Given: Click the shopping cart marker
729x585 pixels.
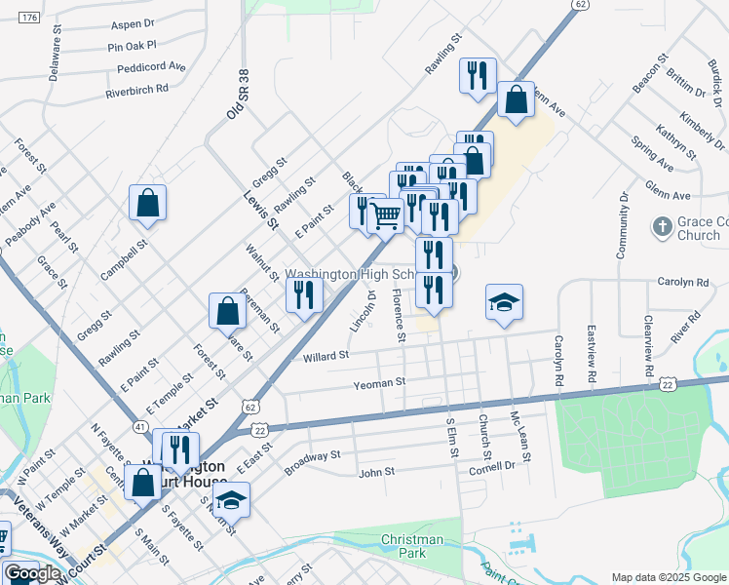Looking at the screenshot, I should [x=387, y=214].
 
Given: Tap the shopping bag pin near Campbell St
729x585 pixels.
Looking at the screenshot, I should [x=148, y=203].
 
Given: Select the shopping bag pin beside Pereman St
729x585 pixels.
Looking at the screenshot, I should [x=227, y=311].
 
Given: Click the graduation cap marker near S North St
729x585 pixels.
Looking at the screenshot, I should [x=232, y=500].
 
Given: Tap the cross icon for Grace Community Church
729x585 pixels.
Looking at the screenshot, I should [x=662, y=227].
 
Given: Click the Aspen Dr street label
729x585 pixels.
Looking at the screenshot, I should [x=134, y=23].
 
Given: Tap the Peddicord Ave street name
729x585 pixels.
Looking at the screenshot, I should [x=151, y=67].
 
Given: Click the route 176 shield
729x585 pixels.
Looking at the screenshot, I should [x=29, y=19].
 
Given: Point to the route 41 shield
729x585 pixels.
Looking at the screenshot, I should [x=141, y=427].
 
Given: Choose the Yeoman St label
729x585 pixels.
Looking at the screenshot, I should [x=381, y=383].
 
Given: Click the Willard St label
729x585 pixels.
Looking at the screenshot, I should [x=326, y=356].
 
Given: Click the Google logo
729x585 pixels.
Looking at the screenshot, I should [x=33, y=573].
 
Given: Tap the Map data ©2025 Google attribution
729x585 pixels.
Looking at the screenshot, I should [x=669, y=577].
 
